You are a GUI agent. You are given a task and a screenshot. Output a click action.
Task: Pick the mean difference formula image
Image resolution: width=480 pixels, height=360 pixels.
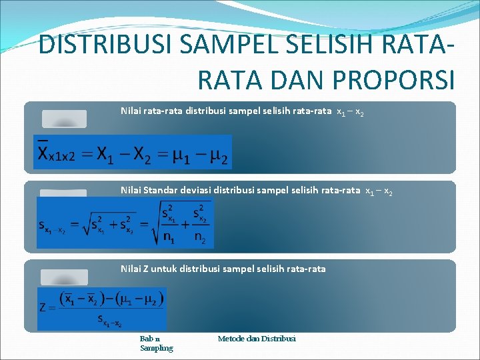point(133,152)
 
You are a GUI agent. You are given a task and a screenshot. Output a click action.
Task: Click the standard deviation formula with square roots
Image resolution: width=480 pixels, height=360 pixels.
point(125,224)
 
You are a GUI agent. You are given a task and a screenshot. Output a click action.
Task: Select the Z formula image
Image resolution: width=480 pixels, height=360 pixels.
point(102,309)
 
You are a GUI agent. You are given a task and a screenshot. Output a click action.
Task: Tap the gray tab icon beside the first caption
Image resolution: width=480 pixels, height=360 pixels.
point(64,119)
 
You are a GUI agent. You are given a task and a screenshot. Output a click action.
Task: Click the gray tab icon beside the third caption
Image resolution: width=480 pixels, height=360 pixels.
point(64,277)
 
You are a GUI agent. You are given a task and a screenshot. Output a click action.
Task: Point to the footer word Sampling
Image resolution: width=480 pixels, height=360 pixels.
point(157,348)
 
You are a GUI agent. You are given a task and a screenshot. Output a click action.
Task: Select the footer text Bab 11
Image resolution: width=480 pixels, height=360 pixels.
point(150,339)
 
